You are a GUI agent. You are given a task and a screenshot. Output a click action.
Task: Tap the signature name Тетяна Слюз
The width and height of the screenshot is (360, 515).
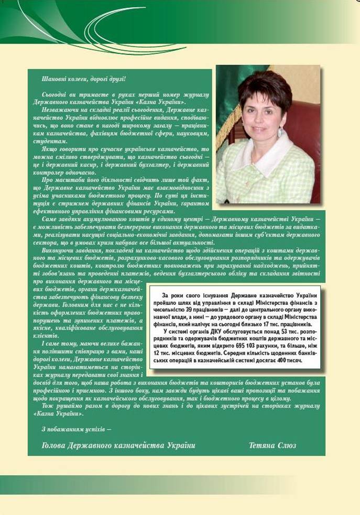coord(272,445)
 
